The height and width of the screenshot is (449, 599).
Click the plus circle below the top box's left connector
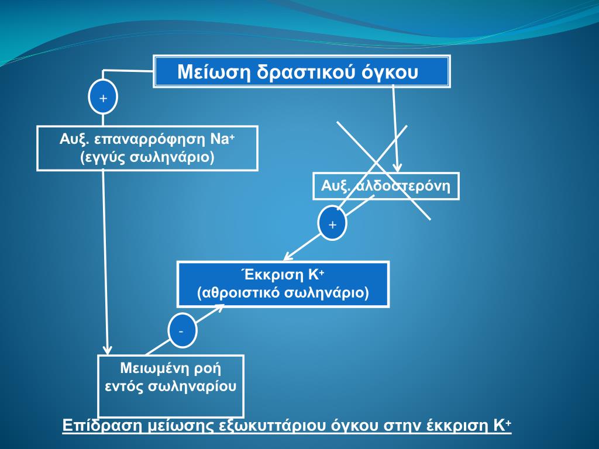click(103, 98)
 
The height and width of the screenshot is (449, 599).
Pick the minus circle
click(181, 331)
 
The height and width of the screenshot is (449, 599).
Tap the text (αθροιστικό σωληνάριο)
click(283, 292)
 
